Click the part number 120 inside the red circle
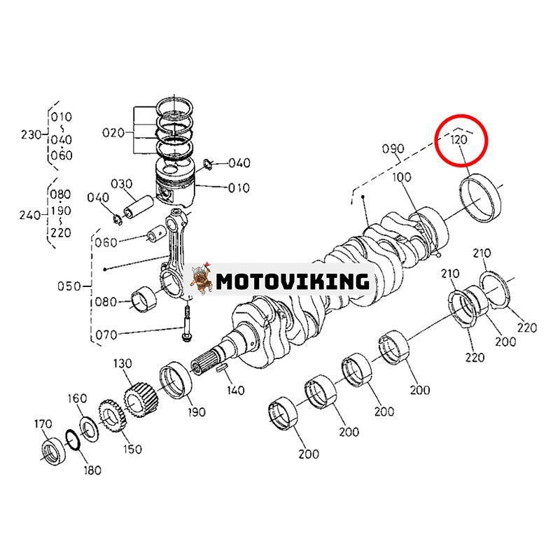(458, 139)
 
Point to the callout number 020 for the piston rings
(113, 132)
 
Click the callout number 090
(393, 149)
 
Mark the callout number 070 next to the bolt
(106, 335)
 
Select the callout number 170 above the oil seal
(44, 424)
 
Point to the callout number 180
(92, 470)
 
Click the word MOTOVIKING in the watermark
(292, 282)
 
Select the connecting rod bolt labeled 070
(187, 323)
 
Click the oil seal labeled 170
(52, 449)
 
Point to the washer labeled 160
(87, 426)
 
